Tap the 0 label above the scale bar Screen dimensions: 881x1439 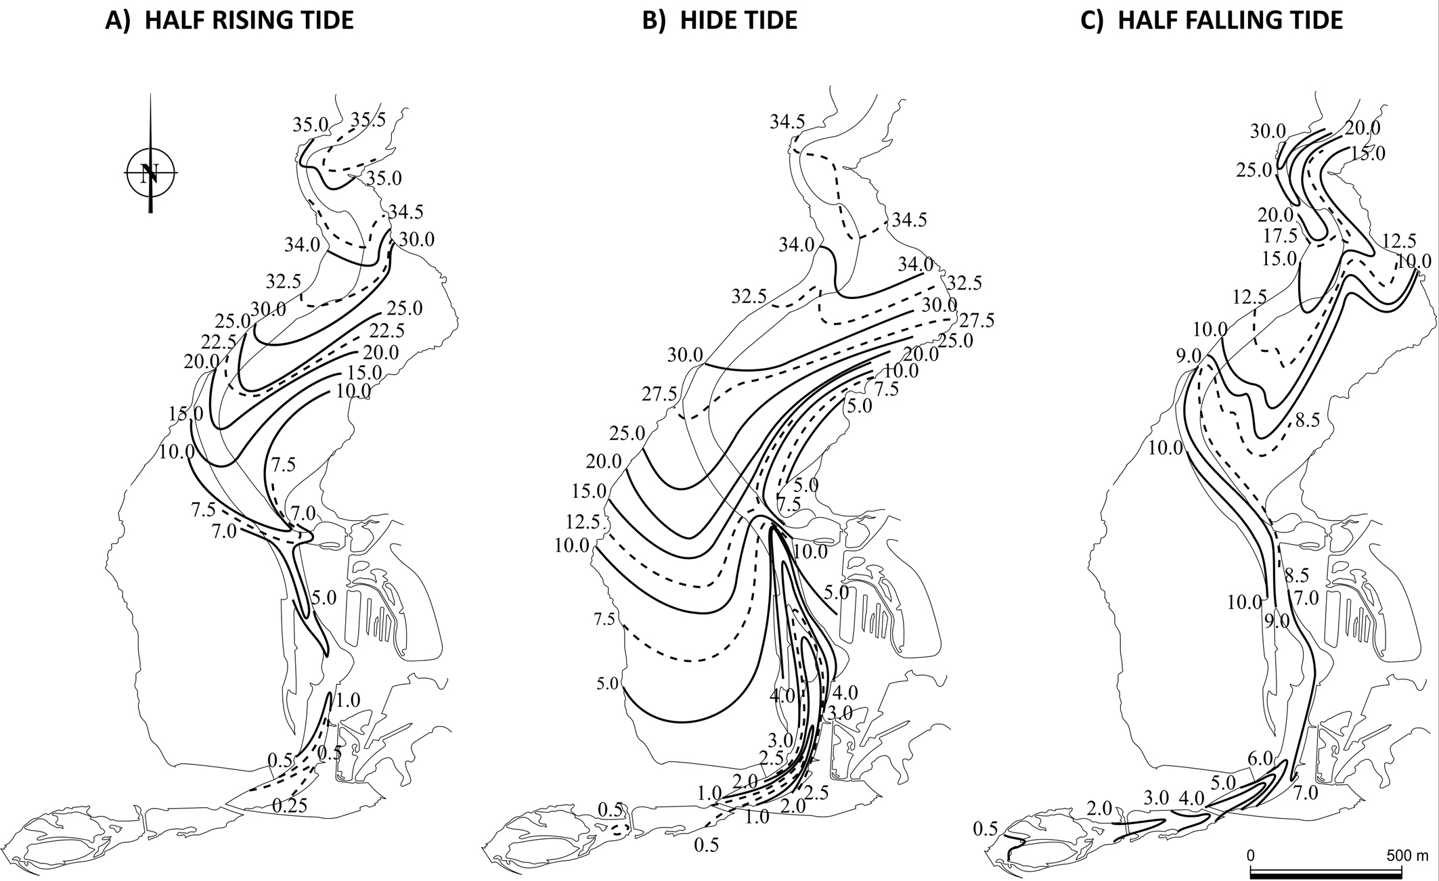coord(1251,855)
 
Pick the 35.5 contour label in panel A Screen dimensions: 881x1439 coord(368,120)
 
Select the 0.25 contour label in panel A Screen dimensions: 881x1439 coord(290,805)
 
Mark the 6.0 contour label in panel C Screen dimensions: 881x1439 coord(1260,759)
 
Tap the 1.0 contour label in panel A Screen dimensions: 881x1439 coord(348,700)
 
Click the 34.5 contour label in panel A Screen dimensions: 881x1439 coord(406,212)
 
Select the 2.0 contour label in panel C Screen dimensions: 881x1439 coord(1099,808)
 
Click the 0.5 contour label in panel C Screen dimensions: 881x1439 coord(985,829)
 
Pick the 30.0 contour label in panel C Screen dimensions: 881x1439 coord(1267,131)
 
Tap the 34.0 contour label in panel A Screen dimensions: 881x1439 coord(302,244)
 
